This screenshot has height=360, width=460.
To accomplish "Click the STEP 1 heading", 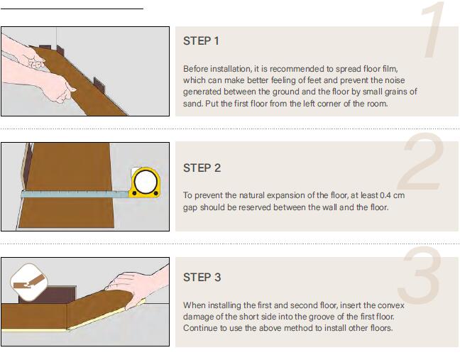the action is [202, 41].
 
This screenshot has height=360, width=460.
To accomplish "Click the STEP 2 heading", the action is [202, 168].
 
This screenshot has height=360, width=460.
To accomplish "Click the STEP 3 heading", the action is [202, 277].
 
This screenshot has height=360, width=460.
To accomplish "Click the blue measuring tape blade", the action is [75, 194].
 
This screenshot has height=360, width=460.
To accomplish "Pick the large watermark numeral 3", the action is [419, 276].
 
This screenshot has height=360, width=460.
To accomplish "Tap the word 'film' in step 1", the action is [390, 69].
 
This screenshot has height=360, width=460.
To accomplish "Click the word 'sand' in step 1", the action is [192, 104].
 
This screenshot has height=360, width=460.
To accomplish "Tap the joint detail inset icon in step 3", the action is [28, 283].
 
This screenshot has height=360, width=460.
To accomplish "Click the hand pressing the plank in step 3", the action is [138, 285].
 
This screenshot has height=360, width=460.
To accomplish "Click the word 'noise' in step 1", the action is [395, 80].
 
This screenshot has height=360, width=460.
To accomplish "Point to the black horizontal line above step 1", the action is [72, 9].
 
